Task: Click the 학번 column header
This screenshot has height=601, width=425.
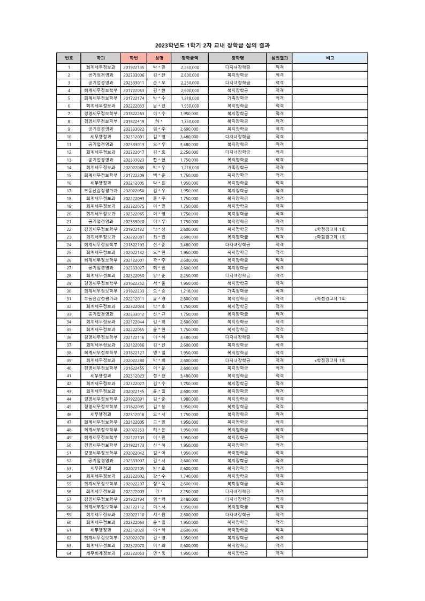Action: [134, 57]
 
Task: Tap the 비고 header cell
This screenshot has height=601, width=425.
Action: [330, 57]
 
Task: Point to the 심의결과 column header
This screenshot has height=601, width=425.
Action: [279, 57]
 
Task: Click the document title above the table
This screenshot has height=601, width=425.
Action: [212, 46]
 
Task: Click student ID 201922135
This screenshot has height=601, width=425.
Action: [134, 67]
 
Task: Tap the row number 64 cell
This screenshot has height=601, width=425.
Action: [69, 553]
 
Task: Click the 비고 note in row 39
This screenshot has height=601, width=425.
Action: [330, 360]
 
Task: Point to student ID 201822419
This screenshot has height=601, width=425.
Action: [134, 121]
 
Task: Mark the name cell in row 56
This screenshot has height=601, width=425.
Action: [159, 491]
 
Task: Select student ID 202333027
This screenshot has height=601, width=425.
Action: [134, 268]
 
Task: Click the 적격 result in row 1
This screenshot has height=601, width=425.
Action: [279, 67]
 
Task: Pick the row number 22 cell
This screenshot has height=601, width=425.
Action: [69, 229]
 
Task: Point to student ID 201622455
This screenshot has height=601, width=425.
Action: [134, 368]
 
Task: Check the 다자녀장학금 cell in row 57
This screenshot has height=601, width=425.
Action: [238, 499]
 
